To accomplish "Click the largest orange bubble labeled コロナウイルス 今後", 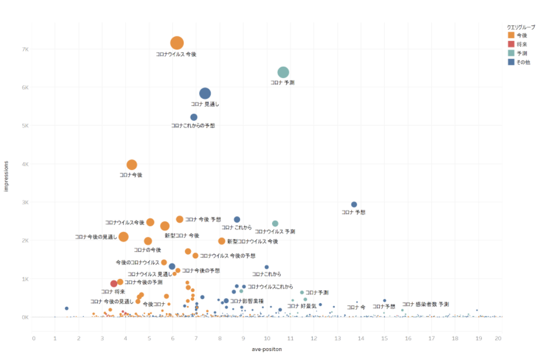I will click(x=177, y=43).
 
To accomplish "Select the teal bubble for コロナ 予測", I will click(x=283, y=72).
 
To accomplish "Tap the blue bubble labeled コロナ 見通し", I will click(x=205, y=93).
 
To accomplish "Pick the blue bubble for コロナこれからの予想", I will click(x=194, y=117).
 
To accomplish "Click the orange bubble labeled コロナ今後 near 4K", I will click(x=132, y=165).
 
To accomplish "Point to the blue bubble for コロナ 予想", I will click(x=354, y=204).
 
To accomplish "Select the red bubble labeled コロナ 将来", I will click(x=114, y=284).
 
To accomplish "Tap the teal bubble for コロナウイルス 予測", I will click(x=275, y=224).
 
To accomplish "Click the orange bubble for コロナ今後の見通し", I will click(x=123, y=237).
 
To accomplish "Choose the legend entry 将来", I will click(x=521, y=44).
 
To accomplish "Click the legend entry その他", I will click(x=523, y=62).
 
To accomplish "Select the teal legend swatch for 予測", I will click(x=511, y=53).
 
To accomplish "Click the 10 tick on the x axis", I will click(x=267, y=338).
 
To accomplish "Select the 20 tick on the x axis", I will click(x=498, y=338).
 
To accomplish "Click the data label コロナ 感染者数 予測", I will click(x=425, y=304).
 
